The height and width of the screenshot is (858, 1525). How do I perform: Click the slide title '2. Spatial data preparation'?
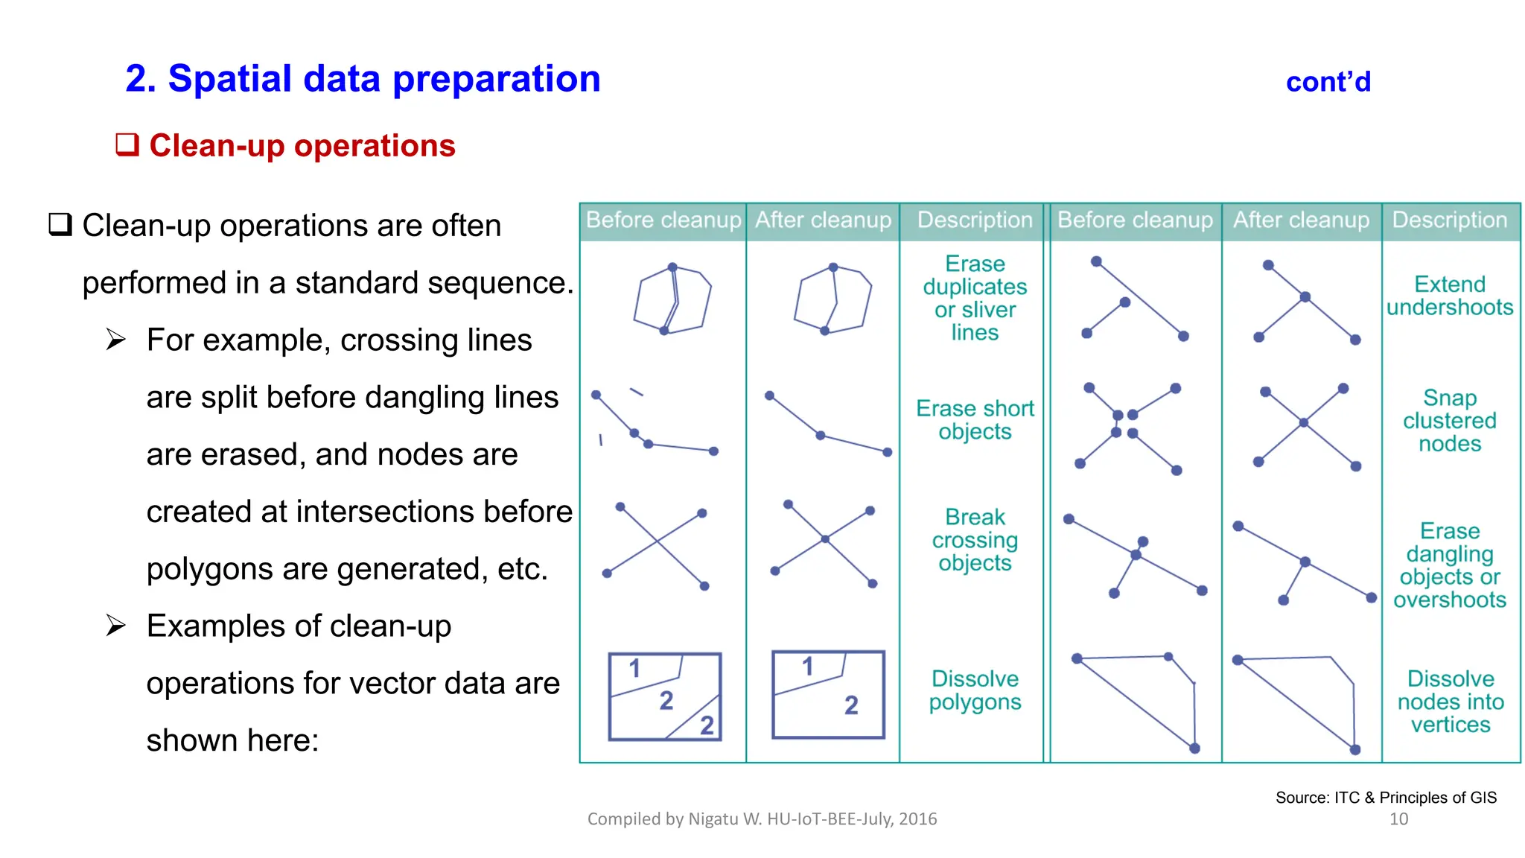363,79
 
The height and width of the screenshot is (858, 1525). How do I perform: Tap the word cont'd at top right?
1328,82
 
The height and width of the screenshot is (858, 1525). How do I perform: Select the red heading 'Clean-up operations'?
302,145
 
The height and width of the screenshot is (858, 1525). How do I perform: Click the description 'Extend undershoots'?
1449,296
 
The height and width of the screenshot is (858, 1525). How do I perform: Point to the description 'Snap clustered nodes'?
1449,420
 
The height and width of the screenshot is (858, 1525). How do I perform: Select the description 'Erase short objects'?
975,420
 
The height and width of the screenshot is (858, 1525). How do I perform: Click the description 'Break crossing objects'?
975,540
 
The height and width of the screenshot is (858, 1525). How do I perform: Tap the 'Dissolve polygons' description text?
975,690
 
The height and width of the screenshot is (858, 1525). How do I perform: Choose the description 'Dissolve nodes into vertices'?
1450,702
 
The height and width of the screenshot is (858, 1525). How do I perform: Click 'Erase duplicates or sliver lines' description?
975,298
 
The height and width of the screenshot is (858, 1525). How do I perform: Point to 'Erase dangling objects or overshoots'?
1449,565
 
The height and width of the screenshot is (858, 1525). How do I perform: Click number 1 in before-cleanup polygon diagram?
634,669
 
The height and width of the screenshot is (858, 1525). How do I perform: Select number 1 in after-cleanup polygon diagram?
807,667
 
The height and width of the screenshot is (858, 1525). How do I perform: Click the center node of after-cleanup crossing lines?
825,538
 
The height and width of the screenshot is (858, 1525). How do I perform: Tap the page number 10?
1398,819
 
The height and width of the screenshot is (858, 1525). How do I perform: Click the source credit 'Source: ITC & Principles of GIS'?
1386,798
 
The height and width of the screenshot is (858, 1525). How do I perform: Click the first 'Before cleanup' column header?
663,220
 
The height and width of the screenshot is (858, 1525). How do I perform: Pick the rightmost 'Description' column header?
1449,220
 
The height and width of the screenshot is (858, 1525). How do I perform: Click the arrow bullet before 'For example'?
115,340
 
